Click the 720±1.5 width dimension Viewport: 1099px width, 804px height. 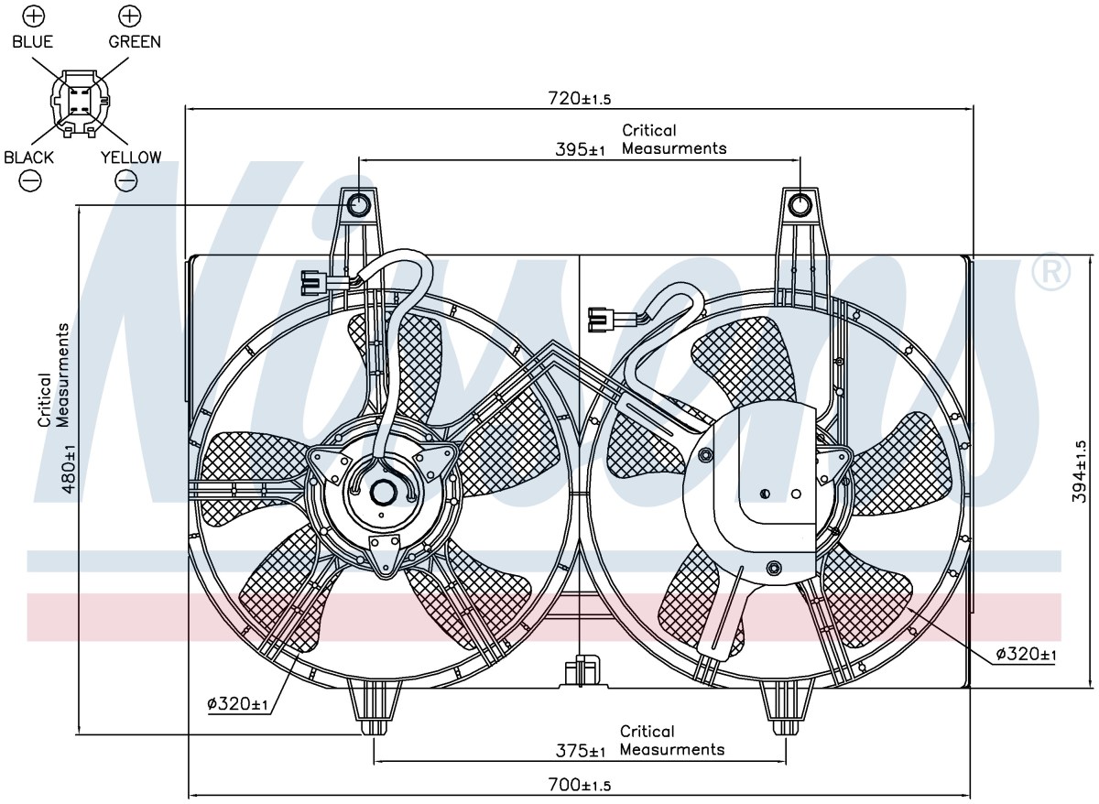tap(579, 99)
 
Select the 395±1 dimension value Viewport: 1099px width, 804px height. tap(580, 149)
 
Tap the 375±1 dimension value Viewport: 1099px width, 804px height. tap(581, 751)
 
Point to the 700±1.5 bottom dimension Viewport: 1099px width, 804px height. tap(579, 785)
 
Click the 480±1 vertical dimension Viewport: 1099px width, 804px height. tap(70, 469)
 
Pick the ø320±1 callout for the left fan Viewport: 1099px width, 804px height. tap(237, 704)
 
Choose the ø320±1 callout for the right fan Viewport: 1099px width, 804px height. tap(1026, 654)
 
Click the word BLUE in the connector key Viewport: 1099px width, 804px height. tap(32, 42)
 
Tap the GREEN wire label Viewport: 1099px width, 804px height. tap(135, 42)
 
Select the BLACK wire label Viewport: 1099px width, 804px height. tap(28, 158)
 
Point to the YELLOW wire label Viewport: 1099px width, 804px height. tap(131, 158)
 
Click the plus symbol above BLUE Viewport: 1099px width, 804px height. tap(34, 16)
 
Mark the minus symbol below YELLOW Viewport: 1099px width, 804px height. tap(126, 181)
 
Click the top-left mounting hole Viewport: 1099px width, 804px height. tap(359, 204)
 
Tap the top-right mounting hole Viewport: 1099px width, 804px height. tap(800, 204)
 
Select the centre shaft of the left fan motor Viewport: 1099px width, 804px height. tap(383, 492)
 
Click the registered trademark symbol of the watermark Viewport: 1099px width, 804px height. tap(1051, 271)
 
